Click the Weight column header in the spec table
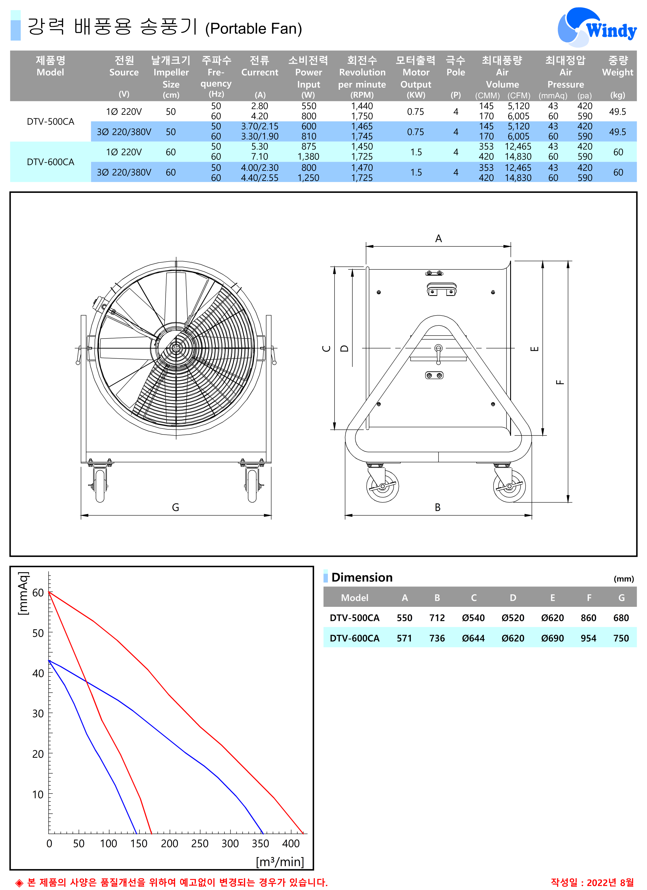[618, 72]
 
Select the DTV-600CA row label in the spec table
[50, 162]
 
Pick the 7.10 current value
[259, 156]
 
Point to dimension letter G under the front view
[175, 507]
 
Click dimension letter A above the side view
[439, 239]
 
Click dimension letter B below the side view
[438, 507]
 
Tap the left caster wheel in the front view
[100, 485]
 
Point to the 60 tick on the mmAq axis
[38, 593]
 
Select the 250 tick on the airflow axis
[199, 843]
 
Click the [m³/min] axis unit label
[280, 862]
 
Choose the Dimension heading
[362, 577]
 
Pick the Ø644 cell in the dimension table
[473, 638]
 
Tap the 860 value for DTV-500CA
[588, 618]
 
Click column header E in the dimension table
[552, 598]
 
